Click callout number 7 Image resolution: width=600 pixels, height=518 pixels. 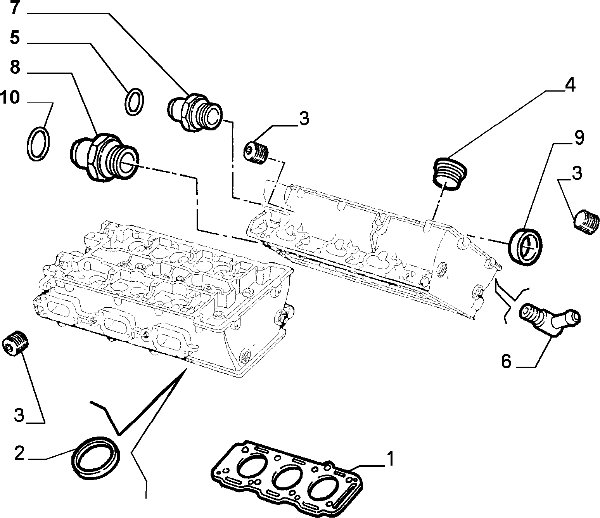[15, 8]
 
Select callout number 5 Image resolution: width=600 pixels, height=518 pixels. [15, 38]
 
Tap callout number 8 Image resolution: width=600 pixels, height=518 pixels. [15, 67]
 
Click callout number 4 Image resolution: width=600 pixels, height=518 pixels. [570, 85]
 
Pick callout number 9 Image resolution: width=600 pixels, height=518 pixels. [579, 138]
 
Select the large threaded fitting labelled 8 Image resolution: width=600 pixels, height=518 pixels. [104, 157]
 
